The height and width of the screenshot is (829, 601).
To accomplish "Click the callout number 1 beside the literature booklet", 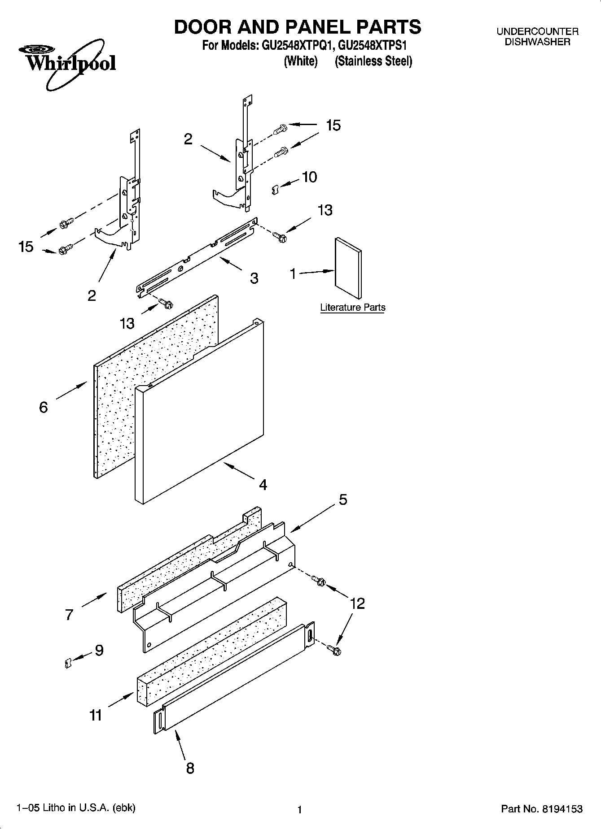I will click(x=293, y=273).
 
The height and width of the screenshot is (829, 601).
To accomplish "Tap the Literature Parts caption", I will click(x=352, y=308).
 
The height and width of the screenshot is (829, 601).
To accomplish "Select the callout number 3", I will click(x=254, y=278).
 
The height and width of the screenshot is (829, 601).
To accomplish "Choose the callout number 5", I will click(x=343, y=499).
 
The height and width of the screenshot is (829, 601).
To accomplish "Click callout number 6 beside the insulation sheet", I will click(x=44, y=407).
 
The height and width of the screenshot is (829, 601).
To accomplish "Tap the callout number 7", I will click(x=69, y=614).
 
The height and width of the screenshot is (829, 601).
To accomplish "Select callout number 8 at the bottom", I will click(x=190, y=768).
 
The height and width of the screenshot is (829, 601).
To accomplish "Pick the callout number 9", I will click(x=99, y=650).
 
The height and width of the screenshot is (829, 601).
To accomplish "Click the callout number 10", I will click(x=309, y=177).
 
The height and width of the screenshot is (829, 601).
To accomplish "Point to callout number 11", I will click(x=96, y=715).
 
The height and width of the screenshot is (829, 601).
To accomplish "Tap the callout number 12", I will click(x=357, y=603).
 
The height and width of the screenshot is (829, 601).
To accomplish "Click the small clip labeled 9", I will click(x=68, y=663).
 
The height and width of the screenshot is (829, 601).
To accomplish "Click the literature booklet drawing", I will click(x=348, y=268).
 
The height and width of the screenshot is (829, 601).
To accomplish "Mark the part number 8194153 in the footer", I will click(x=562, y=809).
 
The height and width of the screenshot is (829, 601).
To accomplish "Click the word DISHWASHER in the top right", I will click(x=537, y=42).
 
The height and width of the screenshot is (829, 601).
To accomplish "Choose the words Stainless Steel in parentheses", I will click(x=373, y=61).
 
